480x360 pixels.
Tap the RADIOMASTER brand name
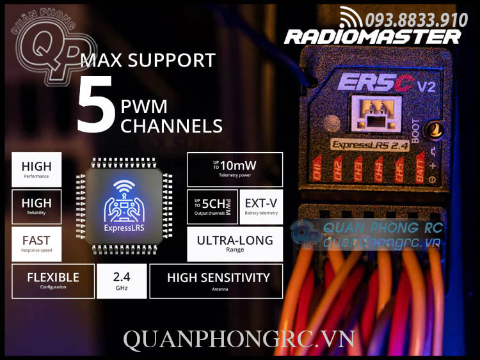coord(372,36)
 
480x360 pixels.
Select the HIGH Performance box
coord(36,169)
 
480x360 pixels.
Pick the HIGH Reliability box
coord(36,207)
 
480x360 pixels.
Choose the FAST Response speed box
coord(36,244)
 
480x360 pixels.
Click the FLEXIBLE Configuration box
coord(53,281)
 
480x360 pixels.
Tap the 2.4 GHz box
coord(122,281)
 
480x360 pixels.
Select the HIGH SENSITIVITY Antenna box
coord(216,281)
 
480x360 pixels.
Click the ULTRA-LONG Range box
coord(234,244)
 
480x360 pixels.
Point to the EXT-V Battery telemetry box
coord(261,207)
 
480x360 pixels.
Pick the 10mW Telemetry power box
coord(234,169)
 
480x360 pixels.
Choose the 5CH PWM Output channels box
coord(212,207)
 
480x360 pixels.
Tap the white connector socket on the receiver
coord(375,113)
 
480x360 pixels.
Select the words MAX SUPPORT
coord(148,61)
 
